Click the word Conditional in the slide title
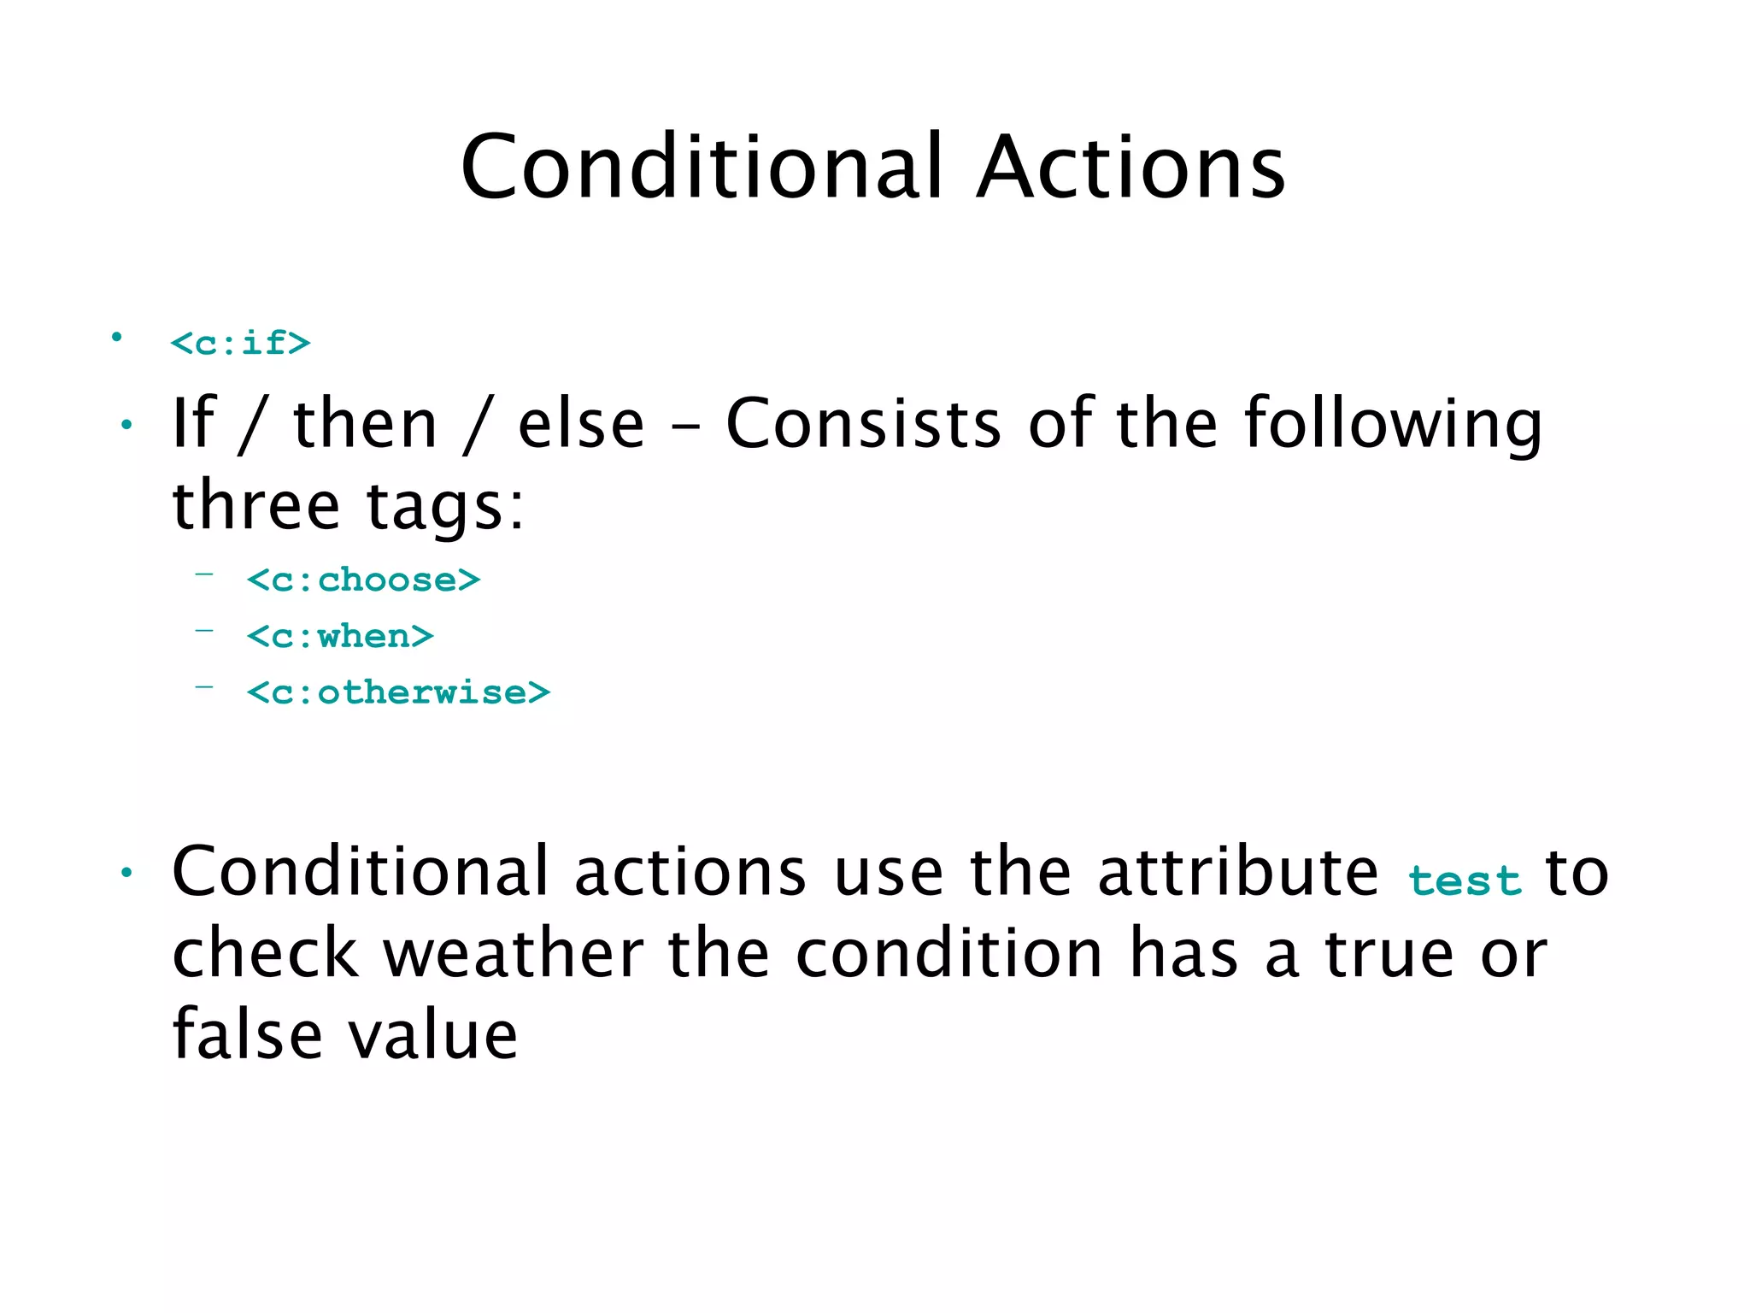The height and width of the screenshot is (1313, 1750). pyautogui.click(x=702, y=168)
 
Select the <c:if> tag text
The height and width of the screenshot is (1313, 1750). pyautogui.click(x=240, y=344)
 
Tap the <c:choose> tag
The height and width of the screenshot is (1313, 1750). pyautogui.click(x=363, y=580)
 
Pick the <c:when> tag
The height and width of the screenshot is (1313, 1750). pyautogui.click(x=340, y=637)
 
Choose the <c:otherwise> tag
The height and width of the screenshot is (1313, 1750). pyautogui.click(x=398, y=692)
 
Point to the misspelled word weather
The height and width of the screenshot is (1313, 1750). pyautogui.click(x=513, y=955)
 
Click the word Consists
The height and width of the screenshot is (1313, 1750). pyautogui.click(x=863, y=424)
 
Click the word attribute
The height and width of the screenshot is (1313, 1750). pyautogui.click(x=1237, y=873)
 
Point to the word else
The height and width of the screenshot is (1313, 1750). pyautogui.click(x=581, y=424)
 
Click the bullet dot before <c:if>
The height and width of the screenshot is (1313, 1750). pyautogui.click(x=116, y=338)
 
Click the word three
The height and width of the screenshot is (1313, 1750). pyautogui.click(x=255, y=506)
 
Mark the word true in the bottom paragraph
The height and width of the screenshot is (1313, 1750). pyautogui.click(x=1389, y=955)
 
